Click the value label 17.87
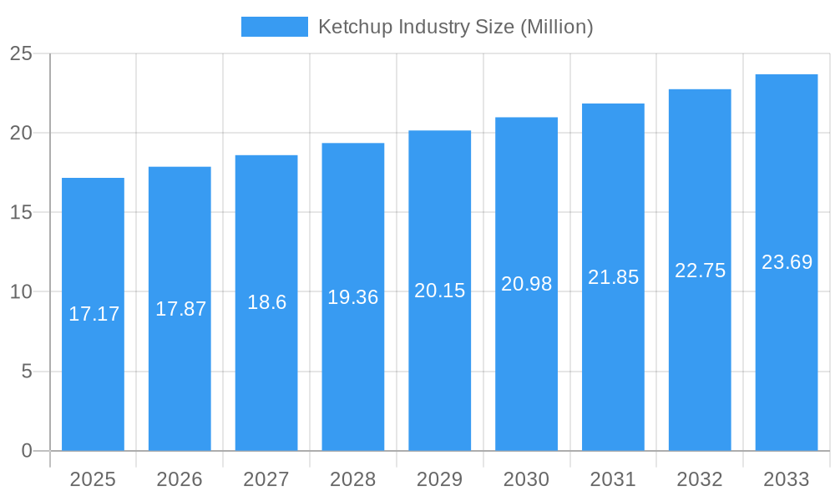[x=180, y=309]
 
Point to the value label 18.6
[x=266, y=302]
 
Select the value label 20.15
[x=439, y=291]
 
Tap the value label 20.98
[x=526, y=284]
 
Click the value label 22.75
[x=700, y=271]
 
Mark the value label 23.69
[x=787, y=262]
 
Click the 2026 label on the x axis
[x=180, y=479]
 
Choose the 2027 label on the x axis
[x=266, y=479]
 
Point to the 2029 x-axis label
[x=439, y=479]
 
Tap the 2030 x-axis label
[x=526, y=479]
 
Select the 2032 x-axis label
[x=700, y=479]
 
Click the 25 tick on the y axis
[x=21, y=54]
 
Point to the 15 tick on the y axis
[x=21, y=213]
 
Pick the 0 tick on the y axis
[x=26, y=451]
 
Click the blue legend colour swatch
[x=274, y=27]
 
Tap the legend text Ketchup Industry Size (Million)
[x=455, y=27]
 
